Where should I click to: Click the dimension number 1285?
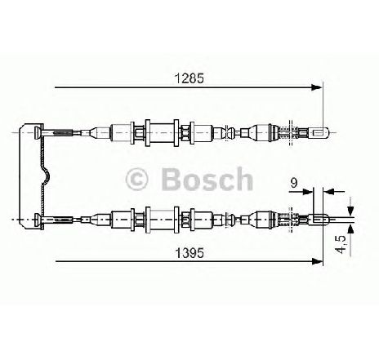tap(189, 78)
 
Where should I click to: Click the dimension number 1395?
tap(189, 254)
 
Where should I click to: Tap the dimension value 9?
tap(293, 183)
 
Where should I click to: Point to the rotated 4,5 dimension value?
tap(341, 244)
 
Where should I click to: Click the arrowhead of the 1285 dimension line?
tap(317, 87)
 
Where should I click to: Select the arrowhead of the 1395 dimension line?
tap(317, 261)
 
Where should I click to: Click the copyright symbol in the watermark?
tap(136, 179)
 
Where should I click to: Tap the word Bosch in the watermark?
tap(207, 179)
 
